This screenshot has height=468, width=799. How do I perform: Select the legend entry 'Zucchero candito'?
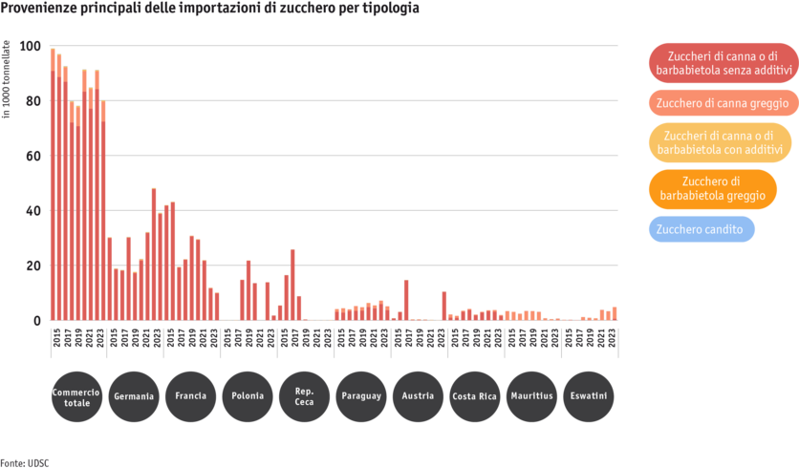[702, 229]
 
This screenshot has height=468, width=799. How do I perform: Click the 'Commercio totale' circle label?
[77, 396]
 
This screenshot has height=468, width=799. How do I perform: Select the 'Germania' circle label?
[134, 396]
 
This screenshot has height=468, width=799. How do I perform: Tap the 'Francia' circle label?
[191, 396]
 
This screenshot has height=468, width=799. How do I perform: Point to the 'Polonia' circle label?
[248, 396]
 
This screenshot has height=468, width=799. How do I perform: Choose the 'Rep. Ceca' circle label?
[305, 396]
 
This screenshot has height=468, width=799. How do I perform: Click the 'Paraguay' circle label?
[361, 396]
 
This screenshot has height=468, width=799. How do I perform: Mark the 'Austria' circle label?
[419, 396]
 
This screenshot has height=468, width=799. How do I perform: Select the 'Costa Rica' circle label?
[475, 396]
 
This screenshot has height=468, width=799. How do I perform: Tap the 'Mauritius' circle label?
[532, 396]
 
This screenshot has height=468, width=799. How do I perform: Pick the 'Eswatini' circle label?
[589, 396]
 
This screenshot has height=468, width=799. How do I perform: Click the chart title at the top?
[209, 8]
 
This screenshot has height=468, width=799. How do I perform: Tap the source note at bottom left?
[24, 462]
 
